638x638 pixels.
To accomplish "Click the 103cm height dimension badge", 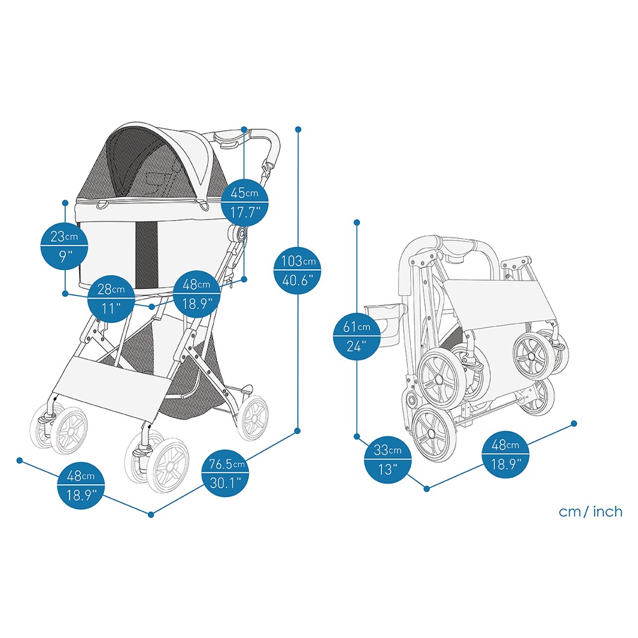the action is click(297, 270).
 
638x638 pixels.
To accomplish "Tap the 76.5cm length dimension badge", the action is click(225, 473).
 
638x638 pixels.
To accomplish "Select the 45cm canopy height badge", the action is click(244, 202).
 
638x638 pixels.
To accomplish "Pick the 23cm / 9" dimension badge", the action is click(64, 246).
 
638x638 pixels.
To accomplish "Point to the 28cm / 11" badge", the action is click(110, 298).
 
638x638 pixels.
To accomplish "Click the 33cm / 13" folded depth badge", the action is click(387, 459).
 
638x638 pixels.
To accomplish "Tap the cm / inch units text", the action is click(590, 512).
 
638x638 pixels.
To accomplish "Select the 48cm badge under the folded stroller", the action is click(505, 454).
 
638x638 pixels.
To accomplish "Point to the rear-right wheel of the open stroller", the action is click(253, 418).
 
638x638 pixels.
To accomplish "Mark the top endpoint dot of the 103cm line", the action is click(298, 130).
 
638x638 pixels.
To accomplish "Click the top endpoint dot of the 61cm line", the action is click(357, 222).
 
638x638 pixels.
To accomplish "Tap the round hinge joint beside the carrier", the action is click(239, 234).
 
